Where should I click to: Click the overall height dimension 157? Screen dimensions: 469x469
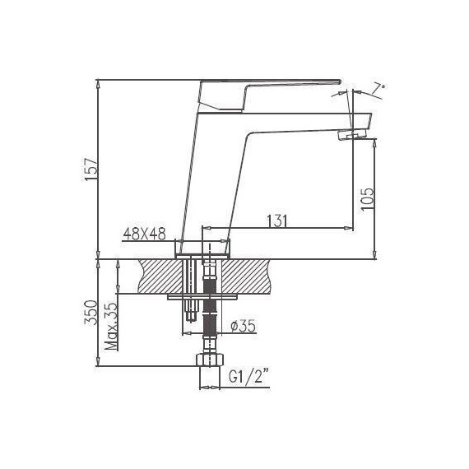(x=92, y=169)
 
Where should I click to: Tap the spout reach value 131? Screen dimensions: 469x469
(x=277, y=220)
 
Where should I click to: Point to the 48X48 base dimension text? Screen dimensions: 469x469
(x=144, y=234)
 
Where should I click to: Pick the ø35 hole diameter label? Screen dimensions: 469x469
(x=244, y=327)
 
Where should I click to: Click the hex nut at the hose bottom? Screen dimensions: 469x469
(x=209, y=360)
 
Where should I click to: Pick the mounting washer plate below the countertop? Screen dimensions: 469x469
(x=202, y=295)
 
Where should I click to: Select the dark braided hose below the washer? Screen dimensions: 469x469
(x=209, y=317)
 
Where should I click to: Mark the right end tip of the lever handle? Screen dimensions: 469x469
(x=337, y=81)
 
